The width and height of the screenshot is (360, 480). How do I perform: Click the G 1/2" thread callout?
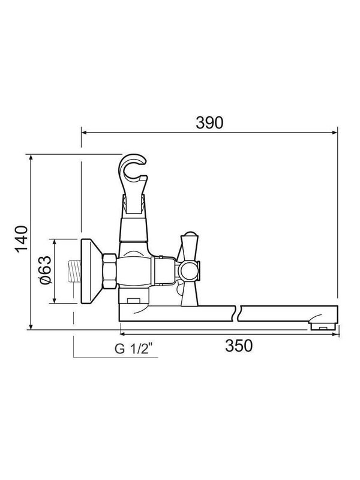point(136,349)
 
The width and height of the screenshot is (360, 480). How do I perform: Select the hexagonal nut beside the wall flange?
point(110,272)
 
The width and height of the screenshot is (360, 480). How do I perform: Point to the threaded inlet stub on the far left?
point(74,272)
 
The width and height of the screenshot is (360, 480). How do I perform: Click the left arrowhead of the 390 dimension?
point(84,131)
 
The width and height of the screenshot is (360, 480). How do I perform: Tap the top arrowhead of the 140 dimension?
point(31,157)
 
